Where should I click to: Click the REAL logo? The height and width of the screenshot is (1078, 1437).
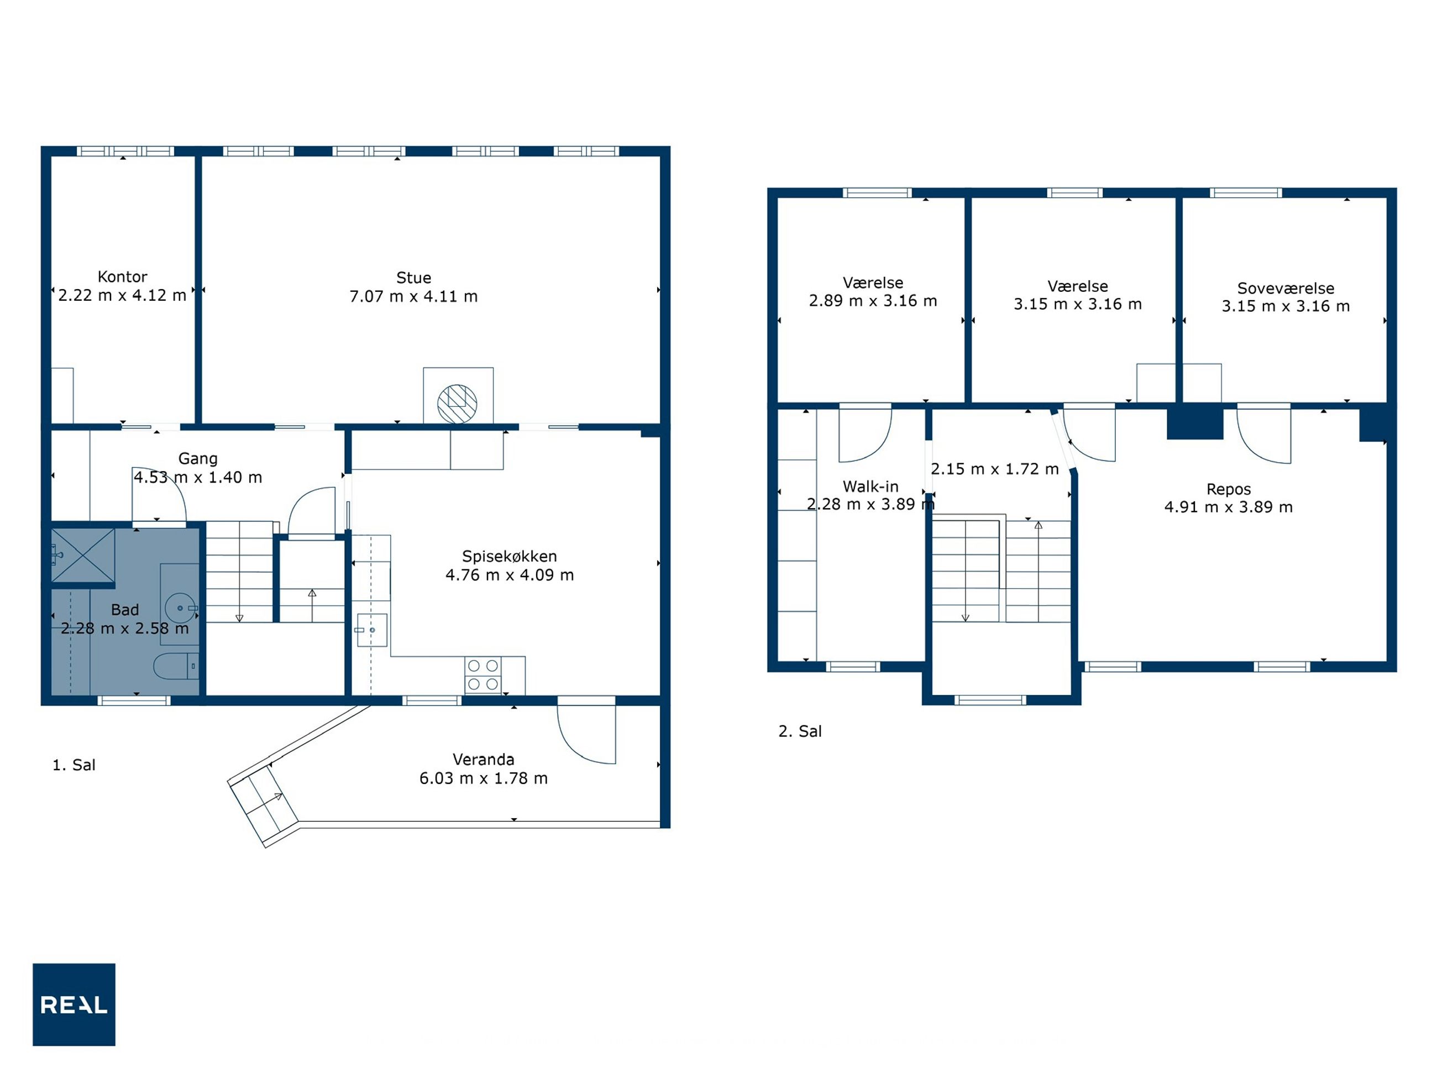[x=74, y=1004]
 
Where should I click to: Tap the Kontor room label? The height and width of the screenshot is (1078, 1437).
[x=122, y=277]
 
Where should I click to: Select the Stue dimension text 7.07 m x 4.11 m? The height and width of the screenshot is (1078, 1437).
[x=413, y=296]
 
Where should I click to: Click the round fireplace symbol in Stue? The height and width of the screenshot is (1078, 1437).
[x=457, y=404]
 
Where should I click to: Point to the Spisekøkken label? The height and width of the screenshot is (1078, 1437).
[x=510, y=556]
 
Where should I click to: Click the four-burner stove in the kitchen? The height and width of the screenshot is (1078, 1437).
[x=483, y=675]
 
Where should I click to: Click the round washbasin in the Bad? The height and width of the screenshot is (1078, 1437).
[x=181, y=608]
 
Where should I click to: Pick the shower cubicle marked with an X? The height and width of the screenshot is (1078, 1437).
[x=83, y=556]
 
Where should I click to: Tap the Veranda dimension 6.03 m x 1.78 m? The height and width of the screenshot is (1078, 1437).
[x=484, y=778]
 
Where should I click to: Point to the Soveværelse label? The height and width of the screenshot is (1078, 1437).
[x=1286, y=288]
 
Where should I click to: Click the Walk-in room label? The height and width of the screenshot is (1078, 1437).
[x=870, y=486]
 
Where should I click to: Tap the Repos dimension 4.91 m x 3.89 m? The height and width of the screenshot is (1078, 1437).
[x=1229, y=507]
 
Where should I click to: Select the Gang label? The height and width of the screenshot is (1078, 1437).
[x=198, y=459]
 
